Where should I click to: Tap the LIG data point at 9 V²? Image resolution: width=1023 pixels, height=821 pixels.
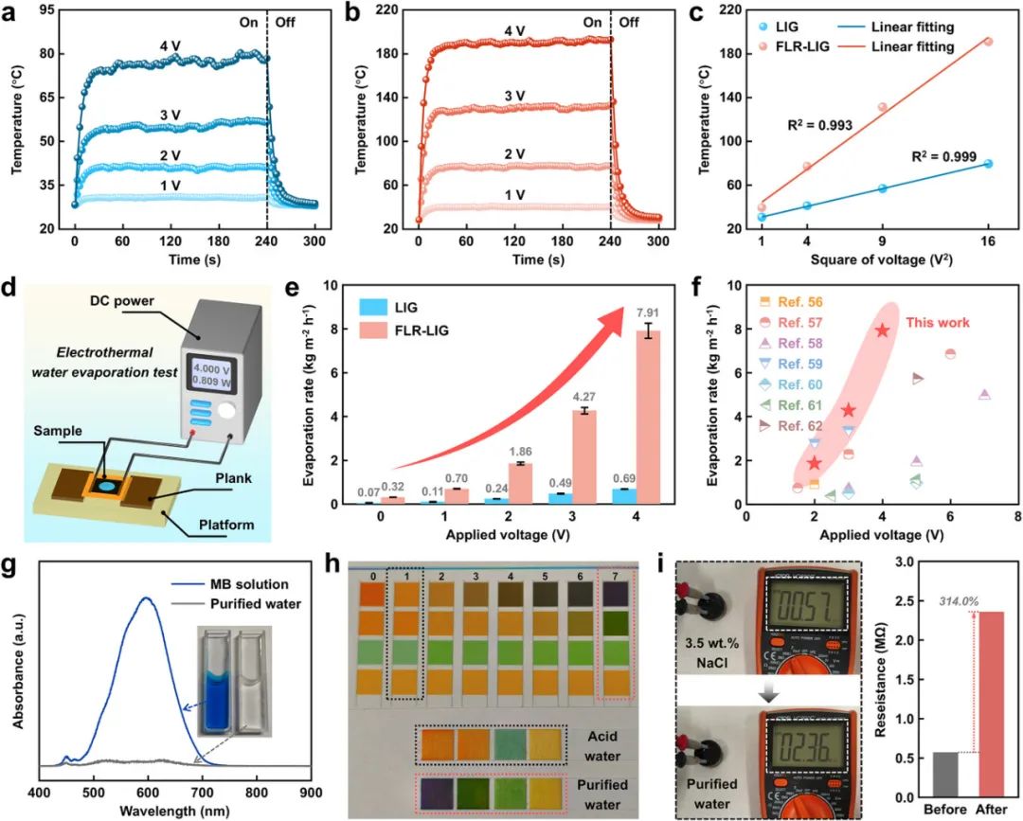pyautogui.click(x=883, y=188)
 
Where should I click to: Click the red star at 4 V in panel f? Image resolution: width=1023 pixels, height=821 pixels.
pyautogui.click(x=883, y=330)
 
